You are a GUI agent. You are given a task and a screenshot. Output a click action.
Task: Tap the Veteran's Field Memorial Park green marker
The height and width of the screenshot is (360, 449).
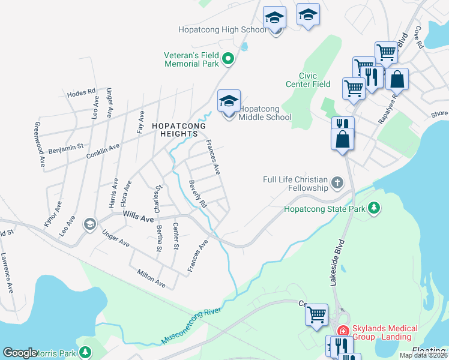coord(228,59)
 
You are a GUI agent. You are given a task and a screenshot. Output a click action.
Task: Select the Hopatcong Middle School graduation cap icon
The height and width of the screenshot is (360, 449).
coord(229,101)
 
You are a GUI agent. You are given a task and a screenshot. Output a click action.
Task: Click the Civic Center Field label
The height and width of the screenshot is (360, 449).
coord(315,80)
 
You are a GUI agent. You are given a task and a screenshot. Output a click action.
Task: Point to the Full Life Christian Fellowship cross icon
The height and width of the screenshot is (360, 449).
coord(338,182)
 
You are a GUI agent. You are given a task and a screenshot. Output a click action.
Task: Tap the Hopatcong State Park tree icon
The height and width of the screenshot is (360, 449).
coord(375,208)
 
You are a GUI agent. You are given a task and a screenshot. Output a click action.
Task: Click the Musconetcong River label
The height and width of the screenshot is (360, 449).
coord(191,327)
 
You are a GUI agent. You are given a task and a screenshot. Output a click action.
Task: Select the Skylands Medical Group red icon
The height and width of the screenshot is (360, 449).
coord(343,331)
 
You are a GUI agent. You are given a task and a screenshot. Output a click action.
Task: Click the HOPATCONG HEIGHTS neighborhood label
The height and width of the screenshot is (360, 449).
coord(178,130)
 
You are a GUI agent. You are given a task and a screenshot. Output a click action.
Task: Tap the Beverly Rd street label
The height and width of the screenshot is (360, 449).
coord(197,194)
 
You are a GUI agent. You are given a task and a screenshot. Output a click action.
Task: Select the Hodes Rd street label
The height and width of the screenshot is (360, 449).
coord(82,92)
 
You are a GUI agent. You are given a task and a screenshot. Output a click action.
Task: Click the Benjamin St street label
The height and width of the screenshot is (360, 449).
coord(66,146)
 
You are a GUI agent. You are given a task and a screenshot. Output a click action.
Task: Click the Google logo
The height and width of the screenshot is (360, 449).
coord(20,353)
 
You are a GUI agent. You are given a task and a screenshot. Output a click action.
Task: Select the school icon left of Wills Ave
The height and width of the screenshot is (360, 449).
coord(90,224)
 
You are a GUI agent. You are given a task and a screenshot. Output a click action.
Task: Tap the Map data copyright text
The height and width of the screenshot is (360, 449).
coord(423,355)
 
